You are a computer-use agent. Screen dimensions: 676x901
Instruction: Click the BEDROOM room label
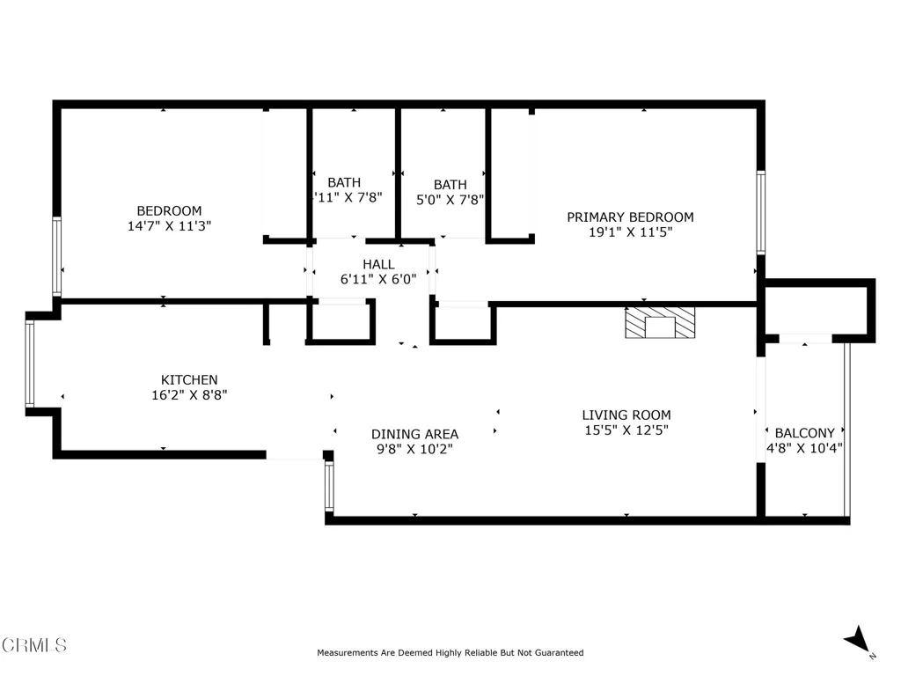pos(169,210)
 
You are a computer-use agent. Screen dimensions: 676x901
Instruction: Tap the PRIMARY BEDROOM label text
pos(629,217)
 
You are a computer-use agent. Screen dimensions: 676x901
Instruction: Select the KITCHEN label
pos(183,379)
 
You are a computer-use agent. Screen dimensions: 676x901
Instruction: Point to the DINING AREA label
pos(414,434)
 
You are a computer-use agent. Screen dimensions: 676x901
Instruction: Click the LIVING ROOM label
pos(626,415)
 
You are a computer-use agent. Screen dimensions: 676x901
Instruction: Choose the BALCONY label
pos(804,433)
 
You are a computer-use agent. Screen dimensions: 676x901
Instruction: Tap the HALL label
pos(378,264)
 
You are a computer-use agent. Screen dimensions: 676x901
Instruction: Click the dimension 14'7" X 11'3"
pos(169,226)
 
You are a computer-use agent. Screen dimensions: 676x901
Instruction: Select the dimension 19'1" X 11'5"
pos(629,233)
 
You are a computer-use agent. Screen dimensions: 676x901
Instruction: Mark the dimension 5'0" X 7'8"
pos(450,200)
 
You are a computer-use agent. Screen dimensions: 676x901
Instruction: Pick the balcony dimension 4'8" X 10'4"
pos(804,448)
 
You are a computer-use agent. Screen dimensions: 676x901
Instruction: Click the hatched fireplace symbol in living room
pos(659,323)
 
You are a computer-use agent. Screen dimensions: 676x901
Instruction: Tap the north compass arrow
pos(856,641)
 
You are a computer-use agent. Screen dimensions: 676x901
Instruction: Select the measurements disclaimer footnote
pos(450,653)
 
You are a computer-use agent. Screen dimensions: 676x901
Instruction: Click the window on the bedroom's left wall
pos(57,255)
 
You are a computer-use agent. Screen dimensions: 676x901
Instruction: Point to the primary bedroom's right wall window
pos(761,212)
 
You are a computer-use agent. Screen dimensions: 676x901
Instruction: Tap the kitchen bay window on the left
pos(30,364)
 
